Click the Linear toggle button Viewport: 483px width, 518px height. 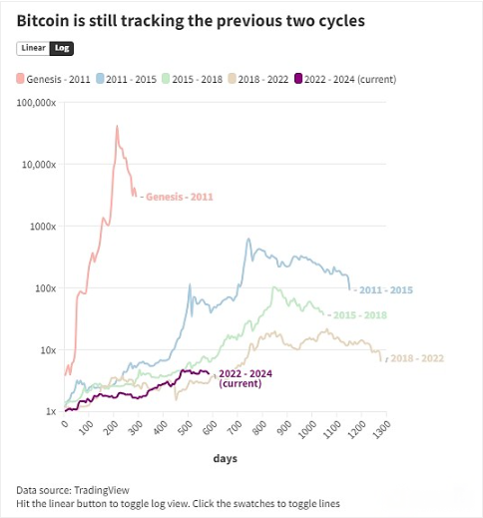tap(33, 48)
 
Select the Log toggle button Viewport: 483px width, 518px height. tap(61, 48)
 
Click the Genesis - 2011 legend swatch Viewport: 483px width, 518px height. tap(22, 77)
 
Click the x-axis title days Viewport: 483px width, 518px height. tap(224, 458)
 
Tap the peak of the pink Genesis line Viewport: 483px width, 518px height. tap(117, 127)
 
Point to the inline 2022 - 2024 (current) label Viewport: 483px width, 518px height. tap(245, 377)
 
